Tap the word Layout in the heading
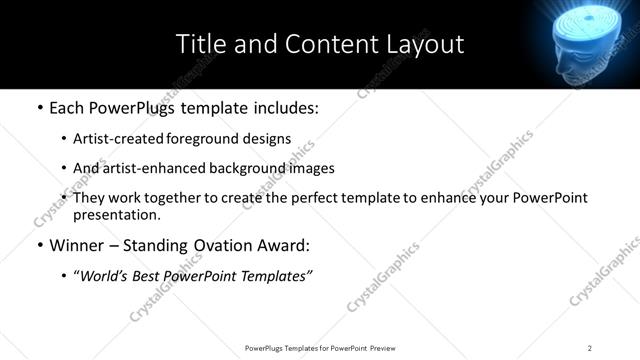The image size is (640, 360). (425, 44)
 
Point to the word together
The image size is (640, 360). (193, 198)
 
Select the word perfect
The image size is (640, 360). (312, 198)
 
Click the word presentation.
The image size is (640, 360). (116, 215)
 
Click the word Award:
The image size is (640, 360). (282, 245)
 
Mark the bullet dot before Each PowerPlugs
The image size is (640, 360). (39, 106)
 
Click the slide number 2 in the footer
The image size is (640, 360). (590, 347)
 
